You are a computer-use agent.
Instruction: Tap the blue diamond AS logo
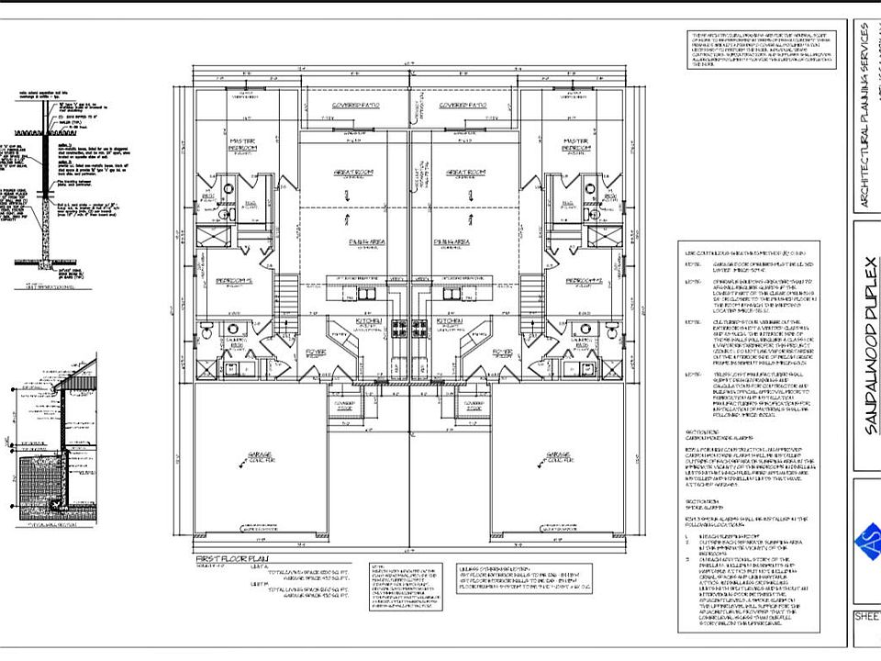pos(868,541)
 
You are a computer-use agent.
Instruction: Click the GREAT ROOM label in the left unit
pos(345,172)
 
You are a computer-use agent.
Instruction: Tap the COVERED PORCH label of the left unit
pos(344,403)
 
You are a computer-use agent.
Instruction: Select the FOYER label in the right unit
pos(501,351)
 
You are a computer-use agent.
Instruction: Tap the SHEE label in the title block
pos(867,618)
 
